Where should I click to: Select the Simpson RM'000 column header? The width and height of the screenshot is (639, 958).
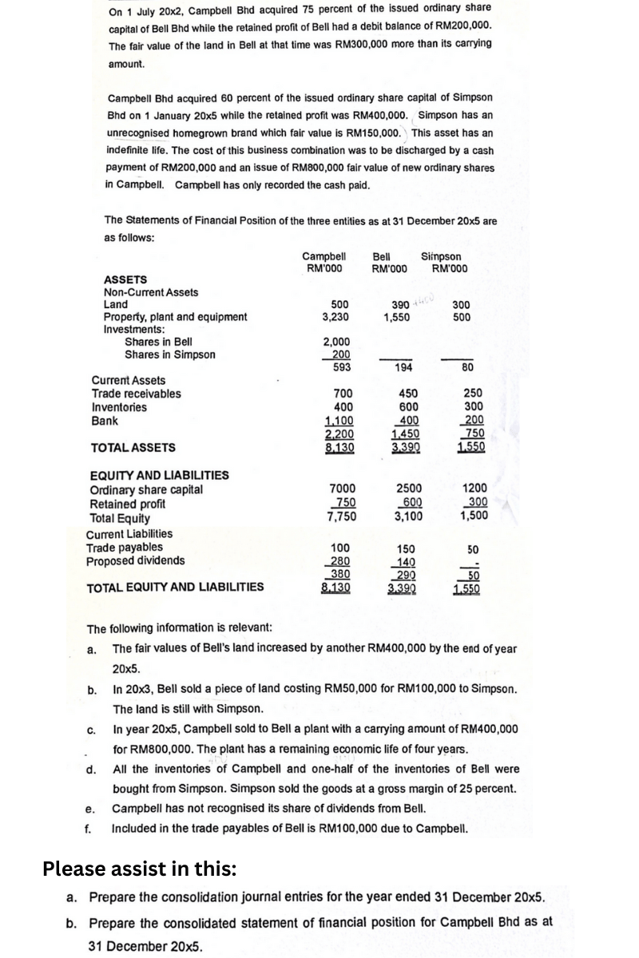[447, 262]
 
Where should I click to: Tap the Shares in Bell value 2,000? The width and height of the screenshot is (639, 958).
[339, 342]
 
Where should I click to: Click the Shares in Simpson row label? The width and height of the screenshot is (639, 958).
[170, 354]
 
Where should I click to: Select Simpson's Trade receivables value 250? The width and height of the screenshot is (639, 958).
[462, 394]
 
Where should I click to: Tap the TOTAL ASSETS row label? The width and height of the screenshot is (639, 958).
[133, 448]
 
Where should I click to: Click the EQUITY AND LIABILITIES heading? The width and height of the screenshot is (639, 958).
[159, 475]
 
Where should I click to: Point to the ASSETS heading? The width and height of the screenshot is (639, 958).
[125, 279]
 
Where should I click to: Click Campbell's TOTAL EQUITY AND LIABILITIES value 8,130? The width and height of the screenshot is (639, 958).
[337, 588]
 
